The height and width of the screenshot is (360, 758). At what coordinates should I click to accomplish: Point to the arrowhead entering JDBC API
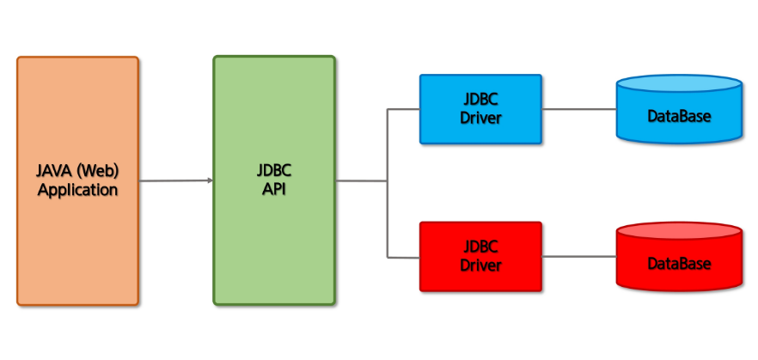point(210,180)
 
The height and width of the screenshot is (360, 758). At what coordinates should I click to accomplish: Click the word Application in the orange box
point(77,190)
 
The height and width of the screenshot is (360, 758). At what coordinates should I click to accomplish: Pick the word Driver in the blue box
point(480,118)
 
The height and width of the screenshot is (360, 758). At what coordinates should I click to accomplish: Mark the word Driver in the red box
point(480,265)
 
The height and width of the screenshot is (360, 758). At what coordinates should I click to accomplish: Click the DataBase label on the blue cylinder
point(679,115)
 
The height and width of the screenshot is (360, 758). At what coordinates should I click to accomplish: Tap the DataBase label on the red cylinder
point(679,264)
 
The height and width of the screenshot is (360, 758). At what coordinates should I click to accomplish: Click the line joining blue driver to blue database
point(578,109)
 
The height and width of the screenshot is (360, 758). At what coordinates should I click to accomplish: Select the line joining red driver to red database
point(578,256)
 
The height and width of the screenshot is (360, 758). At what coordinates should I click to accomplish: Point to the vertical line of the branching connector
point(388,215)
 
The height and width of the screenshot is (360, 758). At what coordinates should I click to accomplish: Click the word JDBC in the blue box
point(480,100)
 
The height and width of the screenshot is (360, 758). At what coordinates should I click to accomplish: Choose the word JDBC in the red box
point(480,247)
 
